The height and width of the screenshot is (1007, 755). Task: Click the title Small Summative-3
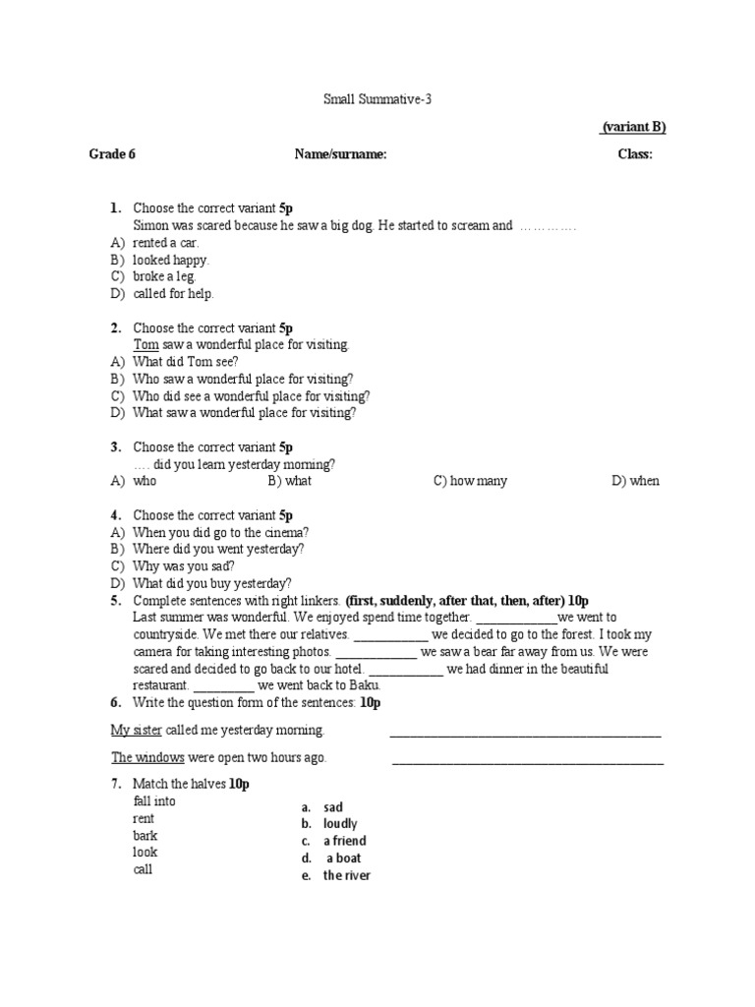tap(377, 99)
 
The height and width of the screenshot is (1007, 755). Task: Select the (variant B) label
tap(633, 127)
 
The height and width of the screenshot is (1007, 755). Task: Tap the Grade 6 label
tap(112, 153)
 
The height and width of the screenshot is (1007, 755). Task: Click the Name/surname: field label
tap(340, 153)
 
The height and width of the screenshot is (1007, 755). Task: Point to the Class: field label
tap(634, 153)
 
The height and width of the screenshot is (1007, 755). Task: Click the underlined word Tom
tap(145, 345)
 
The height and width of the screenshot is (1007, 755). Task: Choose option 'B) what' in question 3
tap(289, 481)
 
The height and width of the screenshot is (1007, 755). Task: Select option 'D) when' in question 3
tap(635, 481)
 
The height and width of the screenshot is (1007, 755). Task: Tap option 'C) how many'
tap(470, 481)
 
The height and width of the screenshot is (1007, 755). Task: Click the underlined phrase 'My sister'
tap(134, 730)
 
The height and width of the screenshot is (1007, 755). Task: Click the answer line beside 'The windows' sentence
tap(528, 760)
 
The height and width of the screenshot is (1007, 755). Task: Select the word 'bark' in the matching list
tap(145, 836)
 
